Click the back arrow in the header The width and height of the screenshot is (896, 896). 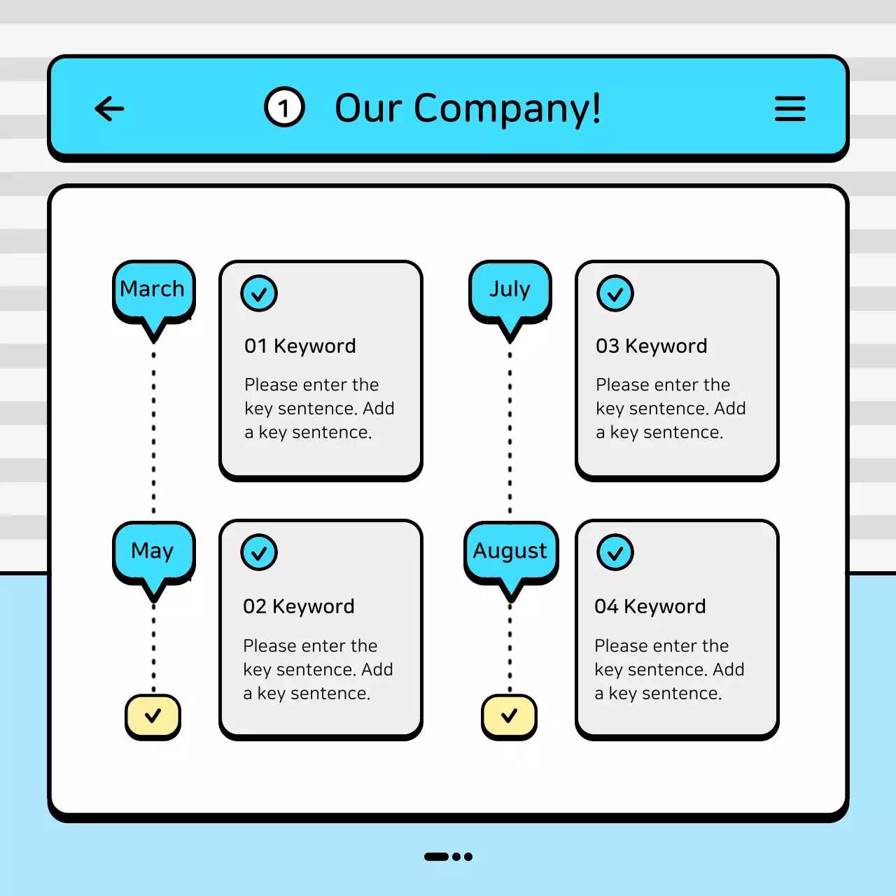click(109, 108)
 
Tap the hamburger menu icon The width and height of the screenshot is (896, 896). click(790, 108)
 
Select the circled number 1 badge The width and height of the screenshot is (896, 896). click(284, 108)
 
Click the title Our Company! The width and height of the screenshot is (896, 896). click(468, 108)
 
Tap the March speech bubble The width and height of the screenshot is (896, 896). click(153, 290)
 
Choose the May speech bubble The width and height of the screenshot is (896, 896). click(153, 552)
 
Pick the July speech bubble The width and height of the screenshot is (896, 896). click(510, 290)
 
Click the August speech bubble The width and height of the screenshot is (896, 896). click(510, 552)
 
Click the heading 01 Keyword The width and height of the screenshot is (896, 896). click(300, 346)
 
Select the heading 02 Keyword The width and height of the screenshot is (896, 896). click(298, 606)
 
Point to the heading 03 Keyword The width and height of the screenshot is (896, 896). click(651, 346)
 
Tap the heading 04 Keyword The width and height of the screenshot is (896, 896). click(650, 606)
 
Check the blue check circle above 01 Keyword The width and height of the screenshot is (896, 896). click(259, 294)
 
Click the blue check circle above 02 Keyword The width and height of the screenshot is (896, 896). click(259, 553)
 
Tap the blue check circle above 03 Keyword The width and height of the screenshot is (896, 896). click(615, 294)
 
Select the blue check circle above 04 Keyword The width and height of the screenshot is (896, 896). click(615, 553)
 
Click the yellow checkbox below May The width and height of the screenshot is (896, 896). click(153, 716)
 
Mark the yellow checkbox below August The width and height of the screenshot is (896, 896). click(509, 716)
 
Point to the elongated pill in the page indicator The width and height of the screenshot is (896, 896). click(436, 857)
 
